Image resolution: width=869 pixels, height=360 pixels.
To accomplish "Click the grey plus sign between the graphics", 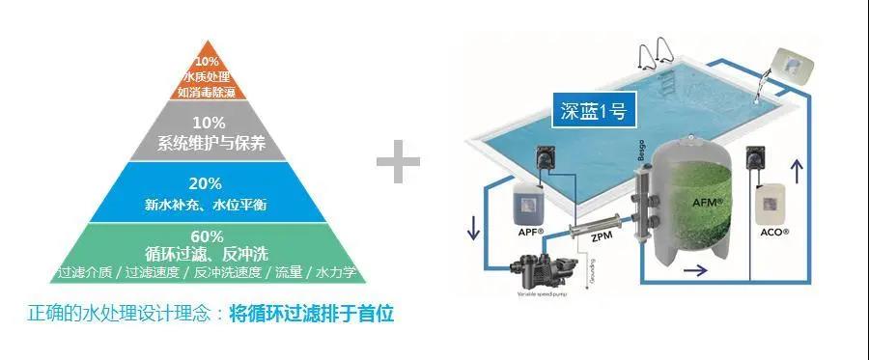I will pyautogui.click(x=398, y=165).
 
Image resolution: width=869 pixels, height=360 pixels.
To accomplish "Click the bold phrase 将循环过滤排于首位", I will pyautogui.click(x=312, y=315).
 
